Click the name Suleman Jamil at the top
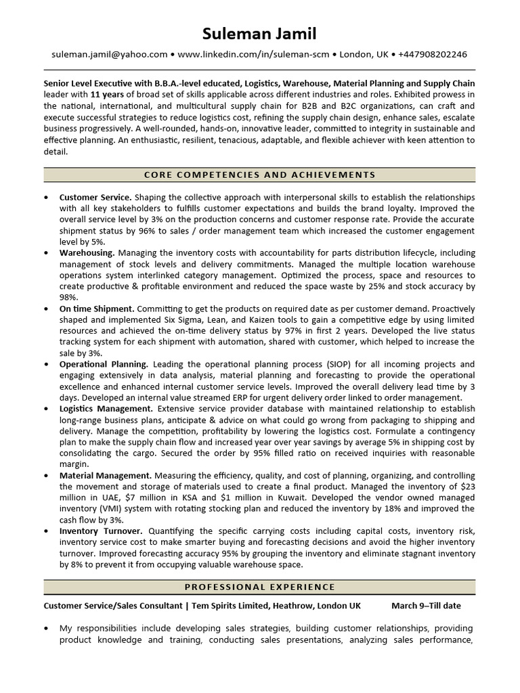click(260, 33)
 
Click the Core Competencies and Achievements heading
click(260, 175)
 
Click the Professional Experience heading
click(260, 587)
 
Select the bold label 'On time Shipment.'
click(97, 309)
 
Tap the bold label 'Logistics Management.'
click(106, 409)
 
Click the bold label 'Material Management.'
click(105, 476)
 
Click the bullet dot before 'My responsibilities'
click(45, 629)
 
